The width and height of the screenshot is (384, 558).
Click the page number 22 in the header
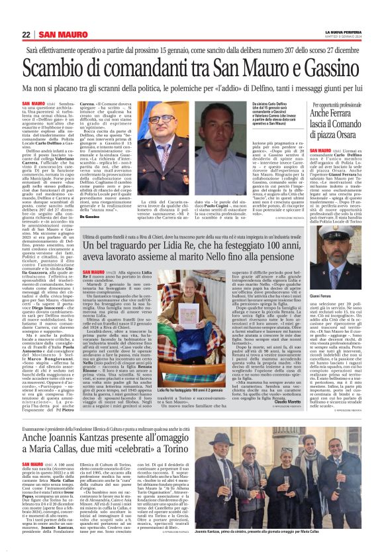[26, 34]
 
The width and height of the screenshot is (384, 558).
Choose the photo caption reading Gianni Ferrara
[320, 278]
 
